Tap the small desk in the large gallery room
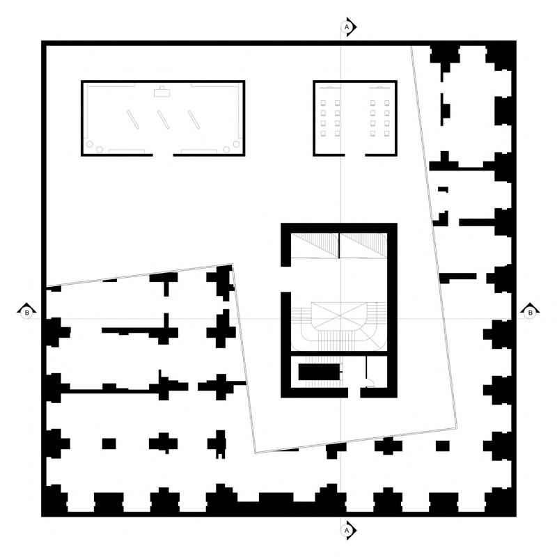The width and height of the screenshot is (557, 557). click(164, 90)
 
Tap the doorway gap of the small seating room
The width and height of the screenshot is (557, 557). click(355, 154)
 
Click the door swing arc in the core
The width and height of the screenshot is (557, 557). click(371, 380)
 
